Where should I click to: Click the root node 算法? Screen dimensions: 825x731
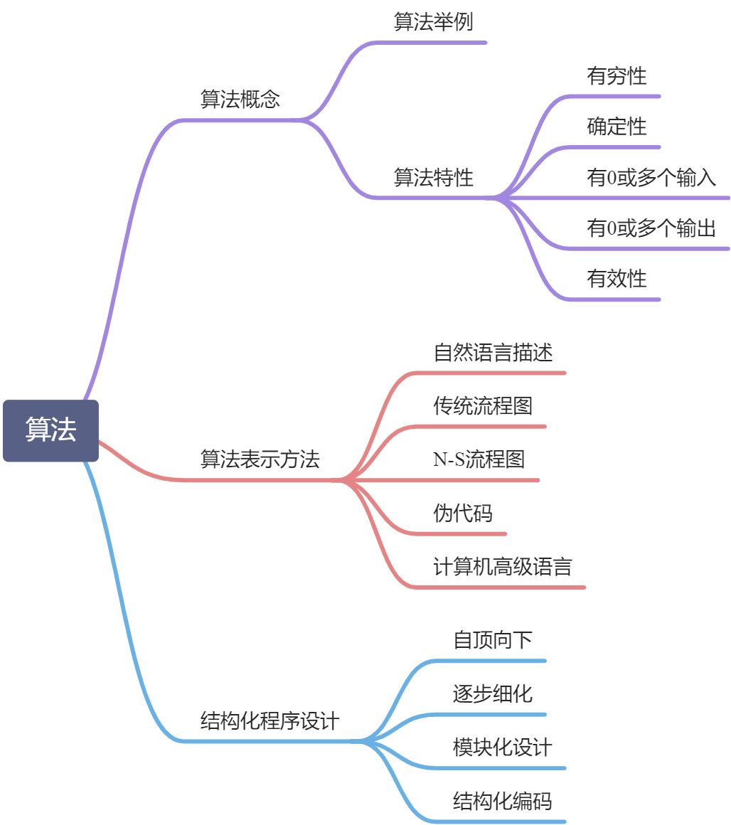50,430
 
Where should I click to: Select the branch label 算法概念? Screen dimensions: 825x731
240,99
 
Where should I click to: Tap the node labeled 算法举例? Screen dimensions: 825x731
433,22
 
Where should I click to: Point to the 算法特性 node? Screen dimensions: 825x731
433,177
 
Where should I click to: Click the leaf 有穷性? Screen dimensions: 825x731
617,76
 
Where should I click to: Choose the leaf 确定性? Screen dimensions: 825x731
617,127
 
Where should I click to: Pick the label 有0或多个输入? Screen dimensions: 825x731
651,178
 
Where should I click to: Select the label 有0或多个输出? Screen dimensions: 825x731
651,228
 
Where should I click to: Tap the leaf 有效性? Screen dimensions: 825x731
617,279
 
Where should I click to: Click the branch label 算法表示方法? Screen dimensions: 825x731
260,459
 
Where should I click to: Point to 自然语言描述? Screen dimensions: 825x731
493,353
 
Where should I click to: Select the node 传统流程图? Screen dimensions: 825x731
483,406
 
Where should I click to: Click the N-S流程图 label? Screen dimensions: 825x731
479,459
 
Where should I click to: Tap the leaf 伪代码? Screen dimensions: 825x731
463,513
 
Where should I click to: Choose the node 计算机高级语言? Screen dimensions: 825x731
503,567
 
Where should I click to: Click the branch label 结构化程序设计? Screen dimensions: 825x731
270,721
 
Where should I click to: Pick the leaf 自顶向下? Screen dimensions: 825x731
493,640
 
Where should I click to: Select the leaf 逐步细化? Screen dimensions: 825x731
493,693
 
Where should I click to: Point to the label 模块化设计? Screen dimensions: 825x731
503,747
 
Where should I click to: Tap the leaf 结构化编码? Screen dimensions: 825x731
503,802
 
